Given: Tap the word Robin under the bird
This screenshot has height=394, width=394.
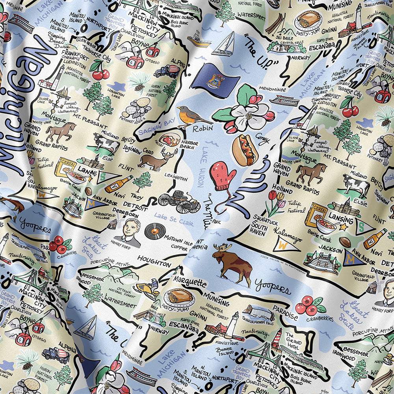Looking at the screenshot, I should [x=203, y=128].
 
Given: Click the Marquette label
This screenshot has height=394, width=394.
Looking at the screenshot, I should [x=190, y=282].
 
